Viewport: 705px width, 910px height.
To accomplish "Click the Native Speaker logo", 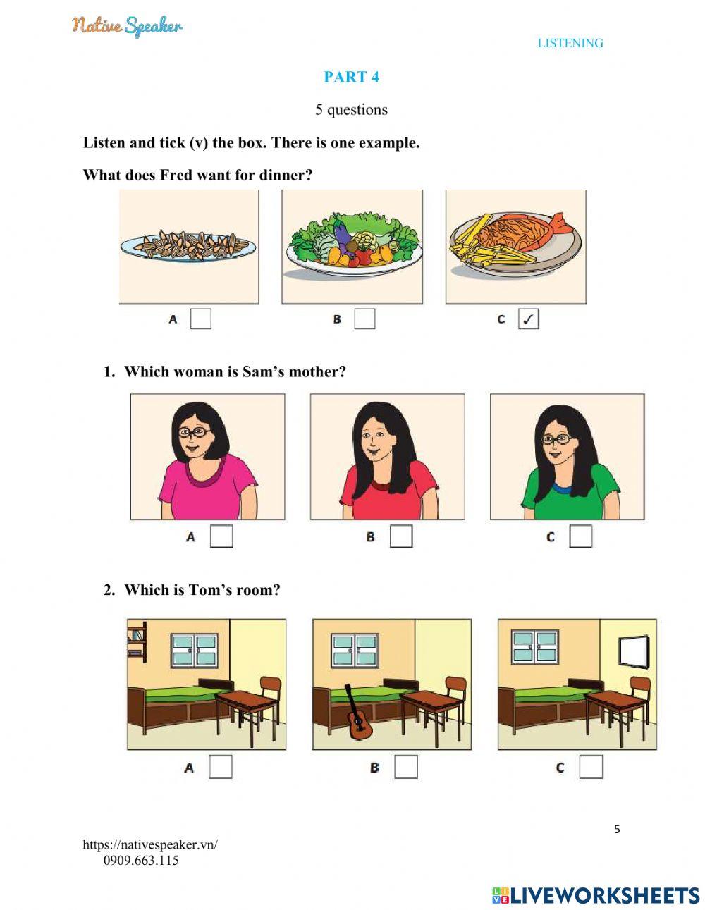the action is [128, 26].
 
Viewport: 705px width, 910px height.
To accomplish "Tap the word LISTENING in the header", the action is [570, 43].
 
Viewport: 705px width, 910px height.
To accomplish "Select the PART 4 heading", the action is [351, 77].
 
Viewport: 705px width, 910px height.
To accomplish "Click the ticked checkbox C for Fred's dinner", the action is [528, 319].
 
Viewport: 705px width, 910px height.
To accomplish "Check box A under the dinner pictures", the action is [201, 319].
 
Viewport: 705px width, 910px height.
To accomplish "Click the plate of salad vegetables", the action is [354, 244].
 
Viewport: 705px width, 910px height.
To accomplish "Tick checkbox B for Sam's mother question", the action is [401, 536].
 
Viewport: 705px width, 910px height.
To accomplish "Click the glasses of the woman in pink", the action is [194, 432].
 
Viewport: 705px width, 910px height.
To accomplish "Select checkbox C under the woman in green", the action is [581, 536].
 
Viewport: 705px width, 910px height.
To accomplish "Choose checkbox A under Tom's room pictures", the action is [220, 767].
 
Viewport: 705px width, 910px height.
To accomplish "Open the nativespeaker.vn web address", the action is [150, 844].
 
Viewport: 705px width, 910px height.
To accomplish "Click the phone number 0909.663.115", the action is [141, 861].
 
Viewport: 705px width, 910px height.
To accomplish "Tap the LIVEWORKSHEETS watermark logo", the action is [596, 892].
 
